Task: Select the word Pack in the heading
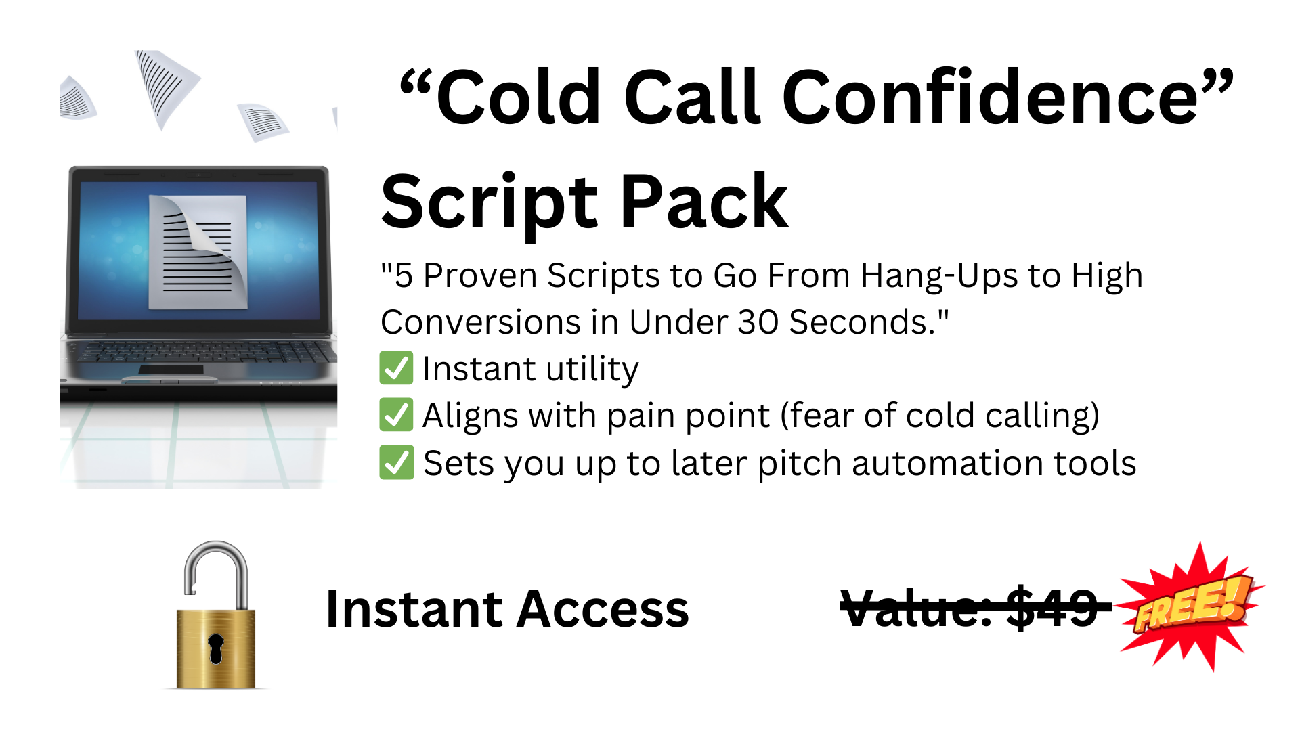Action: pyautogui.click(x=704, y=201)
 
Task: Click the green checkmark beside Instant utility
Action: pyautogui.click(x=396, y=368)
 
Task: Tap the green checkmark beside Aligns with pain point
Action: pyautogui.click(x=396, y=415)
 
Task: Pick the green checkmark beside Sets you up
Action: pyautogui.click(x=396, y=462)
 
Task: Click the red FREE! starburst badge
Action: pyautogui.click(x=1192, y=606)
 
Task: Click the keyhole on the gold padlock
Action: pyautogui.click(x=215, y=649)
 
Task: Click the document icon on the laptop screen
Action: pyautogui.click(x=198, y=252)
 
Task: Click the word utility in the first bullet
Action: pyautogui.click(x=592, y=370)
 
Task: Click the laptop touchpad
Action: pyautogui.click(x=171, y=370)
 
